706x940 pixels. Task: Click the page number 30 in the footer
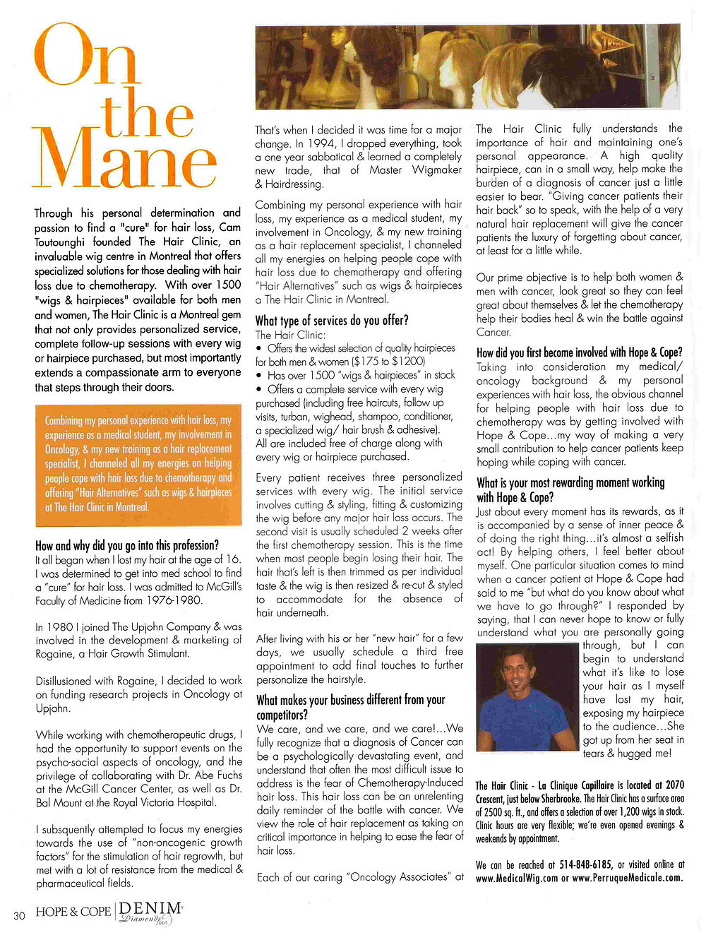pos(19,915)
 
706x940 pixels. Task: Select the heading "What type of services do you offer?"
pos(332,320)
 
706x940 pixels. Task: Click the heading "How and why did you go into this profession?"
pos(127,545)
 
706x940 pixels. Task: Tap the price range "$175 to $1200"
pos(380,361)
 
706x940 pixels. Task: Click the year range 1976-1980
pos(173,600)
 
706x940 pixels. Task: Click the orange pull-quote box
pos(138,463)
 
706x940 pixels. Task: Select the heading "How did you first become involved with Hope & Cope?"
pos(580,352)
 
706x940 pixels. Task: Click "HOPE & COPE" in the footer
pos(73,912)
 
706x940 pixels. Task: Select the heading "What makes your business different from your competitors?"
pos(350,707)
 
